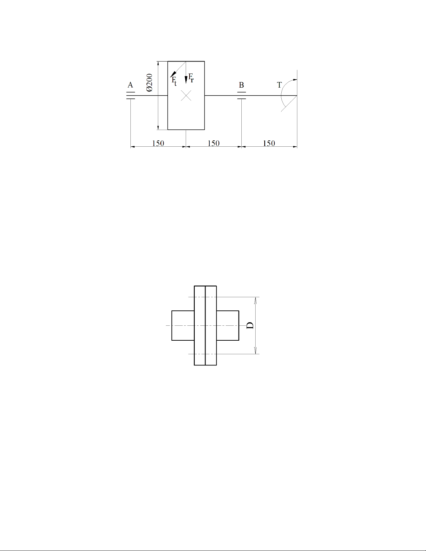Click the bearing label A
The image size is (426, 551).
(x=130, y=85)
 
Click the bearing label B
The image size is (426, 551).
(x=241, y=85)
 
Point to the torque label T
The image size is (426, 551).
(x=279, y=85)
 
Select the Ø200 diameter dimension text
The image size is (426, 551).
(x=149, y=82)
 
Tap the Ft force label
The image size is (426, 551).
(x=174, y=81)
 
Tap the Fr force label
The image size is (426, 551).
(x=191, y=78)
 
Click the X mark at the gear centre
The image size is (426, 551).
(x=186, y=96)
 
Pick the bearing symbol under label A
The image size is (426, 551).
(x=131, y=96)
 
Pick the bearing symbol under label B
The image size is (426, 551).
(x=241, y=96)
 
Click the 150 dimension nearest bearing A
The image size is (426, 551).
(x=158, y=143)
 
